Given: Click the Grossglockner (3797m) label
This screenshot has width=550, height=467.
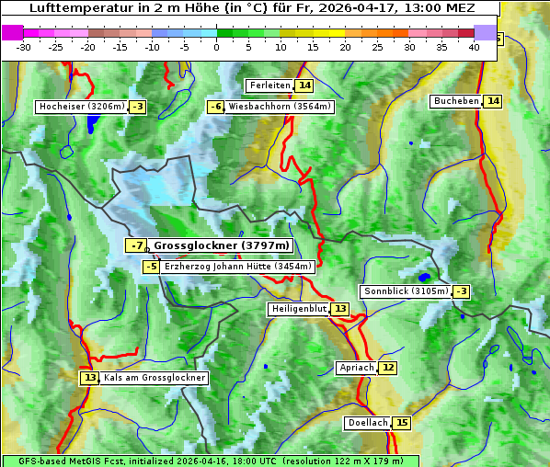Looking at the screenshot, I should click(x=221, y=245).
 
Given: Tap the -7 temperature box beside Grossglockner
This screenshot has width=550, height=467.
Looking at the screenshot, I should click(x=136, y=245).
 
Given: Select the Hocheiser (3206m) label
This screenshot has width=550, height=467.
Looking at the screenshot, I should click(x=81, y=107).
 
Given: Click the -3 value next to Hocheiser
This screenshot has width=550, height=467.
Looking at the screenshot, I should click(x=138, y=107).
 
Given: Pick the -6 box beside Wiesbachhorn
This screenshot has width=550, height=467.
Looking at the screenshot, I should click(x=216, y=107).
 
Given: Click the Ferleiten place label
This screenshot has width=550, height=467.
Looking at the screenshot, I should click(x=269, y=85).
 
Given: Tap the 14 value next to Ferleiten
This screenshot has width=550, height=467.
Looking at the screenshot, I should click(x=304, y=85).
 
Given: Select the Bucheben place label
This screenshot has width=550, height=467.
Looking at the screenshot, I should click(x=456, y=100).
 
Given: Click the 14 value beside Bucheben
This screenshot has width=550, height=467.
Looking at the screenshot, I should click(x=493, y=100).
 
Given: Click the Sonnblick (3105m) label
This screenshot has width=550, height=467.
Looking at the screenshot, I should click(x=407, y=291).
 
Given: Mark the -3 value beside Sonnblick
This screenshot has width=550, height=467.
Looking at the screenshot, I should click(x=462, y=291).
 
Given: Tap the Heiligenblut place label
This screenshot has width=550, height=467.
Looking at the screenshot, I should click(x=299, y=308).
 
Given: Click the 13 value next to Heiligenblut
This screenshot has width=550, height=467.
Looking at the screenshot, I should click(x=340, y=308).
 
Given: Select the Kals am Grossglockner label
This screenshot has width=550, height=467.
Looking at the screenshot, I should click(x=155, y=378).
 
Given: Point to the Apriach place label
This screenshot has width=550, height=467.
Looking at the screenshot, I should click(x=357, y=368).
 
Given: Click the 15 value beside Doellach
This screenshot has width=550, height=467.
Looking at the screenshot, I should click(x=402, y=423).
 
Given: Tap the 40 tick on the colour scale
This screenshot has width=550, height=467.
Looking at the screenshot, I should click(x=474, y=46).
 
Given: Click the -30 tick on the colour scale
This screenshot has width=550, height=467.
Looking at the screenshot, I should click(x=24, y=46).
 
